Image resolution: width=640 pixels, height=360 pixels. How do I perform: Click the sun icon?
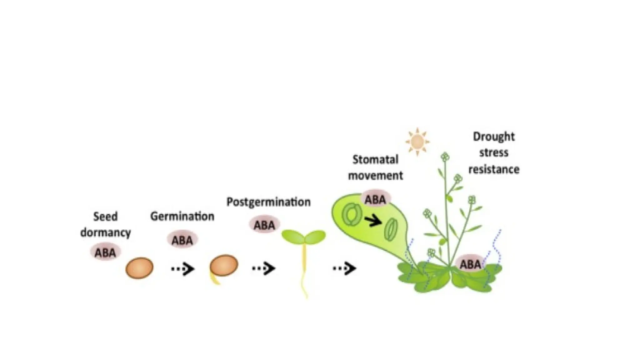point(417,142)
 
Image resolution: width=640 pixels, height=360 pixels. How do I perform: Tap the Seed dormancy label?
point(106,224)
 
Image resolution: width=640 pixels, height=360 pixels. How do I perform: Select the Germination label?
point(182,216)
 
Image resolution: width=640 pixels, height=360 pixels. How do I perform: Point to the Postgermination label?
point(268,202)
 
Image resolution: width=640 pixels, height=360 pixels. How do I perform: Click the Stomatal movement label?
point(375,167)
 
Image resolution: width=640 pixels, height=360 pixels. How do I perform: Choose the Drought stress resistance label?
point(494,153)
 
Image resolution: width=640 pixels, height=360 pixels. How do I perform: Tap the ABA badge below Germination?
point(182,240)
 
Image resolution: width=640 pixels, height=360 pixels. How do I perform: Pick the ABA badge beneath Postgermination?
point(264,225)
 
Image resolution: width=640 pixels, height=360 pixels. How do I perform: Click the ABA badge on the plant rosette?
point(470,264)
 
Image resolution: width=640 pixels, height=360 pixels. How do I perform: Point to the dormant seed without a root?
point(139,268)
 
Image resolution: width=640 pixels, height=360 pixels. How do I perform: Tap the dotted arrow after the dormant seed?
point(183,268)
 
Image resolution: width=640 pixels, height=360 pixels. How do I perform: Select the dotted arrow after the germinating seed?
point(264,268)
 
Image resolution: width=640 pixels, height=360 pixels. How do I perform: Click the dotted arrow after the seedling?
point(344,268)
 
